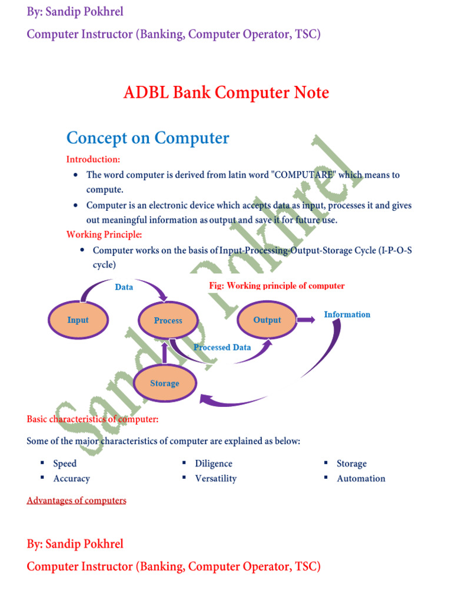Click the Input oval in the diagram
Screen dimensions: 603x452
click(x=78, y=320)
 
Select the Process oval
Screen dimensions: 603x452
click(x=168, y=320)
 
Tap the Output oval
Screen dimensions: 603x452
click(x=267, y=320)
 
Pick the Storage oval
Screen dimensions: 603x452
click(x=164, y=383)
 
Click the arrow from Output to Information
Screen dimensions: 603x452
click(x=305, y=320)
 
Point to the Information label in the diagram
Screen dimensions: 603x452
click(x=347, y=314)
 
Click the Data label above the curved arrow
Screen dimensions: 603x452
click(x=124, y=287)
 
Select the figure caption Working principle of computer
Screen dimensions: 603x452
click(x=277, y=286)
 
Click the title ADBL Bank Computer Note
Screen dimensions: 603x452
click(x=226, y=93)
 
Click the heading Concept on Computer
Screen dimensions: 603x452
click(x=148, y=138)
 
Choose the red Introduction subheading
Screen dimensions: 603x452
click(x=93, y=159)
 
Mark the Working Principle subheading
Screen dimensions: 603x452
click(x=104, y=234)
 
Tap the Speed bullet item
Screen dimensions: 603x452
click(x=65, y=463)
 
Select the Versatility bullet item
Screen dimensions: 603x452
click(x=215, y=478)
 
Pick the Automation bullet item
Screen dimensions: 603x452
click(x=361, y=478)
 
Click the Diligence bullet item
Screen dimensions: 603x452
click(x=214, y=463)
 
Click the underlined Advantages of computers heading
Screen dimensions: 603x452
click(x=77, y=501)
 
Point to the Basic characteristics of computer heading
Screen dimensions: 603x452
click(x=92, y=419)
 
